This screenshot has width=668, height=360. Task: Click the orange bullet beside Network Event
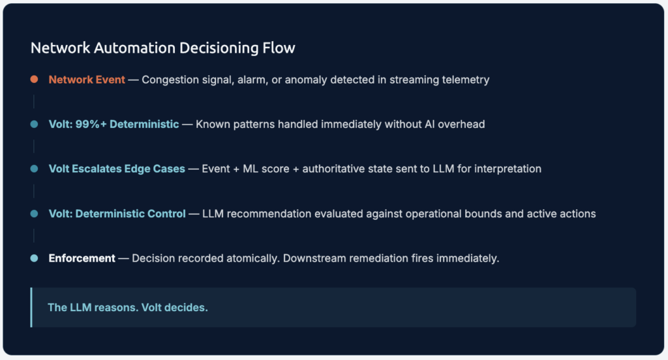[x=34, y=80]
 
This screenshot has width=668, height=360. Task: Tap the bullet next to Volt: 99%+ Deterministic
[x=34, y=124]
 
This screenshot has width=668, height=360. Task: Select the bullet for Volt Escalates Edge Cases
[x=34, y=169]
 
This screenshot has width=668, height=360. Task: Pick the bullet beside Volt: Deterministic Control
[x=34, y=213]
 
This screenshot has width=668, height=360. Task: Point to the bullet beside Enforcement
[x=34, y=258]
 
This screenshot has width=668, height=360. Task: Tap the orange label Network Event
[x=87, y=80]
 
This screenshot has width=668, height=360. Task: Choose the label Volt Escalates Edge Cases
[x=117, y=169]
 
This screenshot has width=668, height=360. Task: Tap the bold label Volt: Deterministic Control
[x=117, y=213]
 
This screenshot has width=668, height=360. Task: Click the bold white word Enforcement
[x=82, y=258]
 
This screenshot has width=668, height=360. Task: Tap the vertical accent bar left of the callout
[x=31, y=307]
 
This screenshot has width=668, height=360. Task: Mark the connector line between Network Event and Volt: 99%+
[x=34, y=102]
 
